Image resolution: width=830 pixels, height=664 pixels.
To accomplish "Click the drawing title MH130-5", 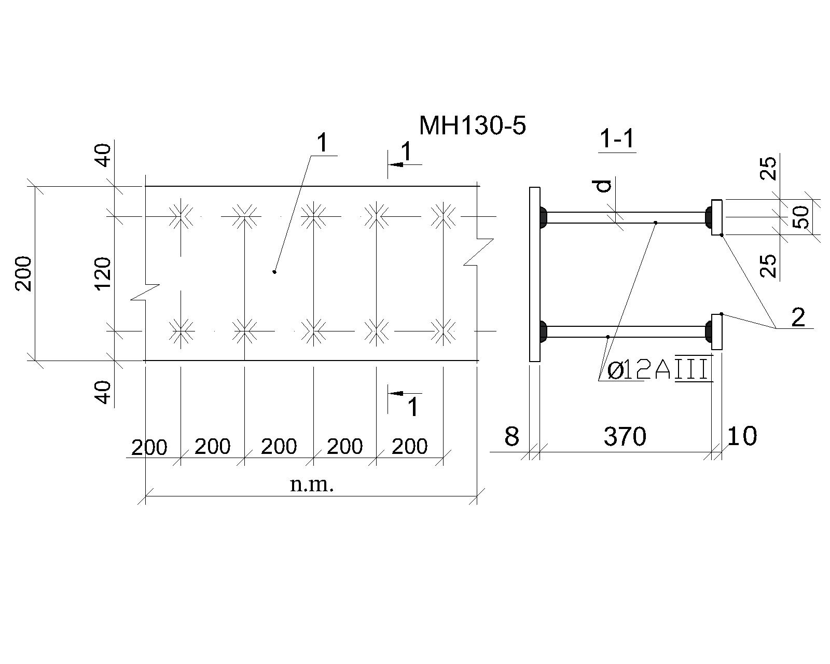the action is click(472, 126).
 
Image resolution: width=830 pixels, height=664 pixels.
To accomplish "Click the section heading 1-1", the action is click(617, 139).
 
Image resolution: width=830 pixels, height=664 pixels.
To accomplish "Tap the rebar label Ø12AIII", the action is click(658, 370).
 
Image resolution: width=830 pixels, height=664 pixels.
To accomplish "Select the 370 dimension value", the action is click(625, 436).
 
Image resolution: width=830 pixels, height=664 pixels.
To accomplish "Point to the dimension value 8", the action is click(512, 436).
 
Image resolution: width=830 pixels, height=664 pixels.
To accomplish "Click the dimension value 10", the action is click(742, 436).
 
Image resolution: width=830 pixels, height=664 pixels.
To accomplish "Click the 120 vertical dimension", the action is click(103, 273).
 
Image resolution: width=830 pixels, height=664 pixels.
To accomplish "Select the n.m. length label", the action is click(312, 485).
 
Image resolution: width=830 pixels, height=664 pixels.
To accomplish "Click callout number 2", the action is click(798, 317).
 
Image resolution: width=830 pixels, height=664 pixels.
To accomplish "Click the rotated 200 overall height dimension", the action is click(24, 273).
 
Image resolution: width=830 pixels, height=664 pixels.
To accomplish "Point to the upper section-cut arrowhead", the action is click(396, 165).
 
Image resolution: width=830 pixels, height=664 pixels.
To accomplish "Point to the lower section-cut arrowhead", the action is click(396, 393).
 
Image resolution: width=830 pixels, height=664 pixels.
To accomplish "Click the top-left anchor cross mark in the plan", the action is click(181, 216).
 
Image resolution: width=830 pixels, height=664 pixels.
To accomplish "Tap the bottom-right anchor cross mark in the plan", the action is click(443, 330).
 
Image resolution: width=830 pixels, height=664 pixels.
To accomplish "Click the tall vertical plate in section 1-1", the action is click(534, 274).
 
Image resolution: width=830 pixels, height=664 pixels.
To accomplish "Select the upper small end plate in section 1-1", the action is click(716, 217).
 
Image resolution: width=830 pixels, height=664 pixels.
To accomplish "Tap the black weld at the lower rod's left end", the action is click(544, 331).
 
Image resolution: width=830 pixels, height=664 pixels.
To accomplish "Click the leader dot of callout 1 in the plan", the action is click(274, 272).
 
